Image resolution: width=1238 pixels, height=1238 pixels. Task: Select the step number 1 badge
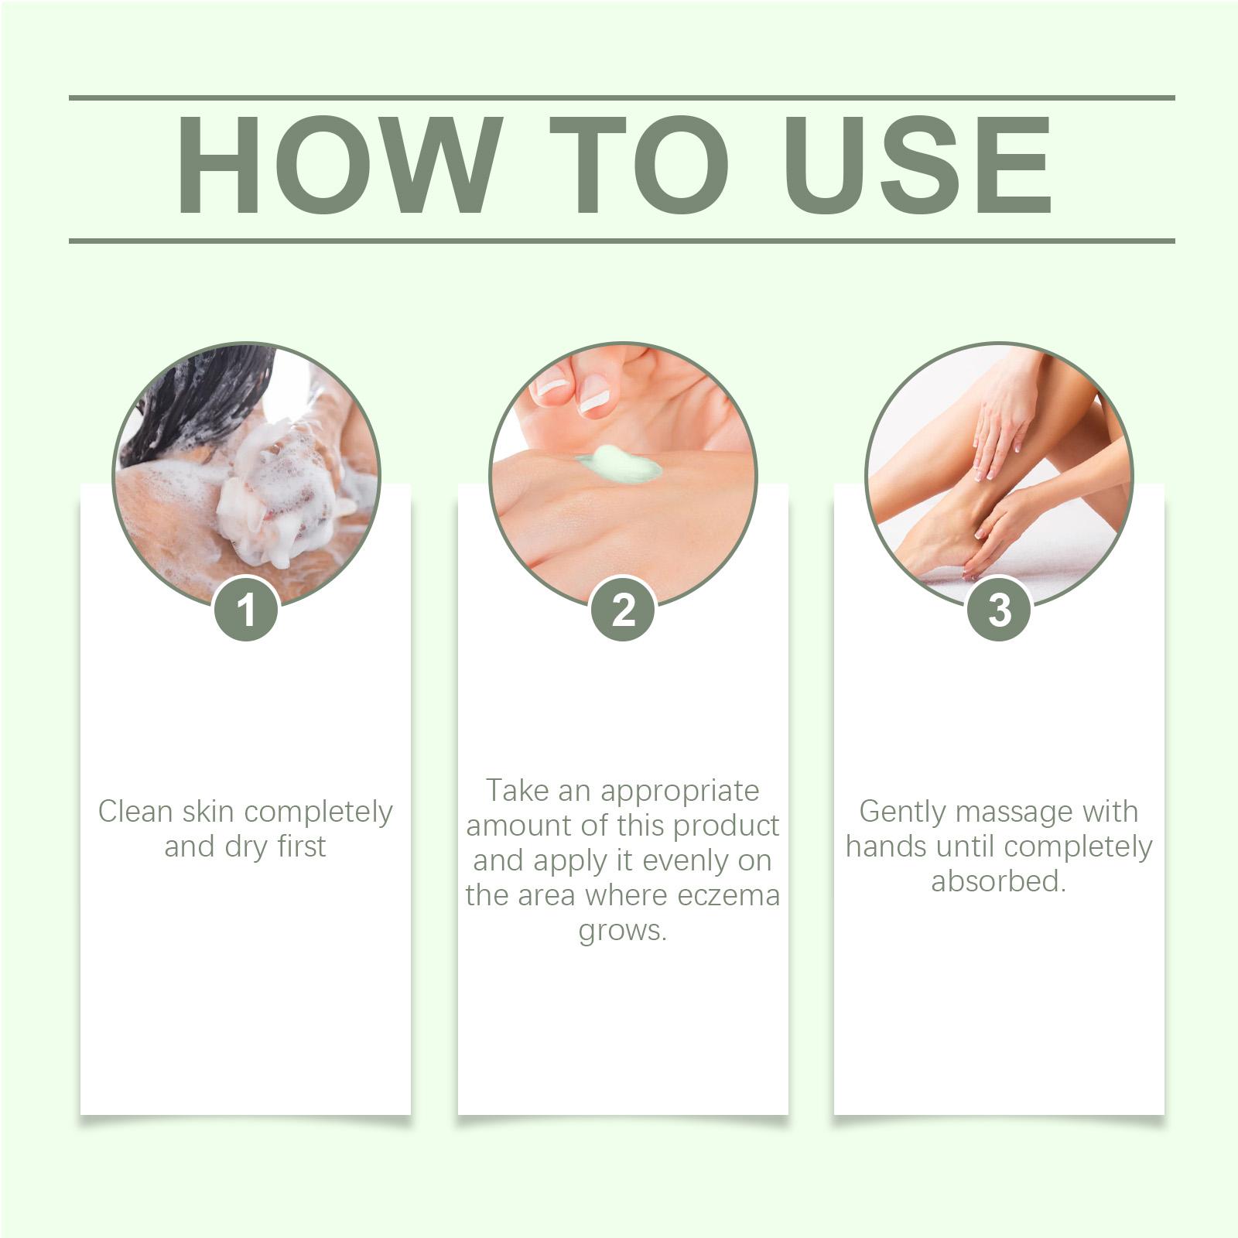[x=246, y=609]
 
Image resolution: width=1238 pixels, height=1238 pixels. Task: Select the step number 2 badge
[x=624, y=609]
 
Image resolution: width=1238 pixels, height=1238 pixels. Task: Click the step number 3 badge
[x=1000, y=609]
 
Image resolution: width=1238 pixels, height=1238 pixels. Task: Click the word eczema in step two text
[x=728, y=896]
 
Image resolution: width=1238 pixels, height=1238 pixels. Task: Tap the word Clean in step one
[x=135, y=812]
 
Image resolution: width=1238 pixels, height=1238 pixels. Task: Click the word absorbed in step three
[x=998, y=881]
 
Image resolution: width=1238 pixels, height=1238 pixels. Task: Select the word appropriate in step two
[x=680, y=792]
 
